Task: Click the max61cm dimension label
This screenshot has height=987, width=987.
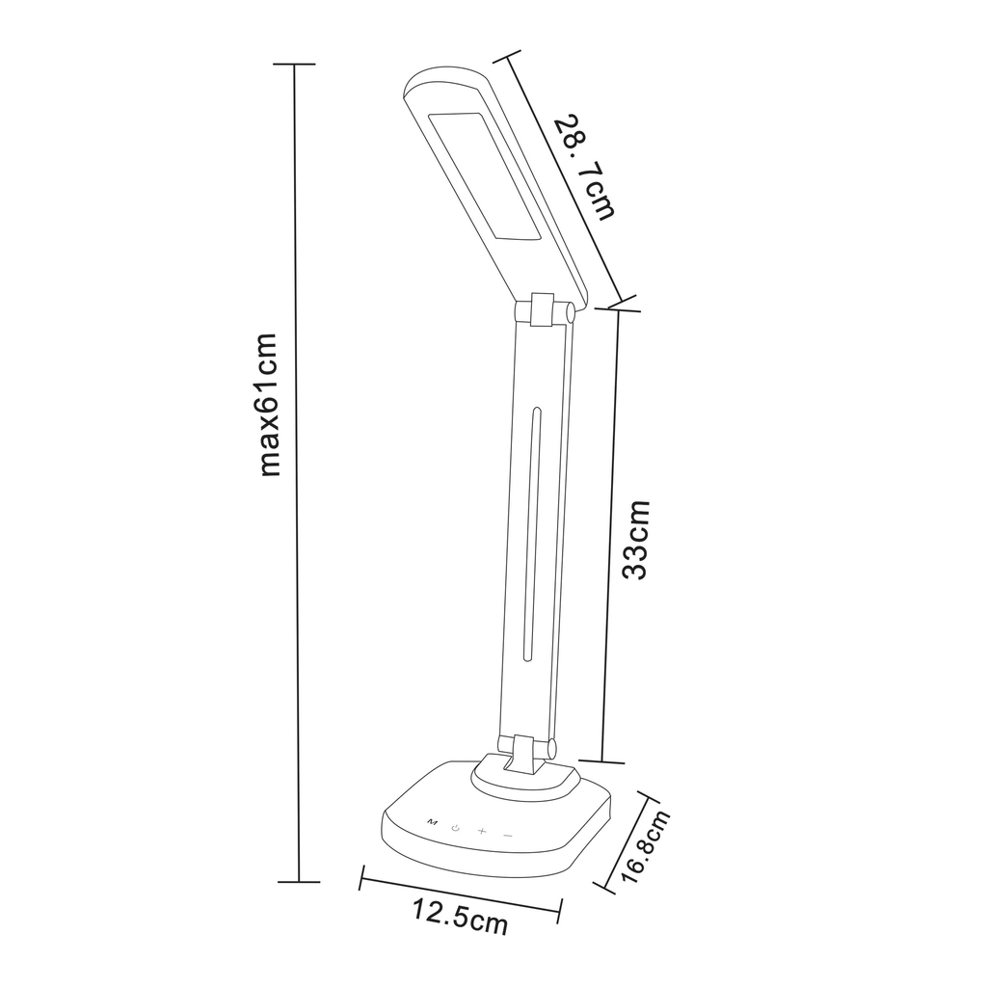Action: [269, 405]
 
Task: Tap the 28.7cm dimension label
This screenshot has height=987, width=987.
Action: [583, 167]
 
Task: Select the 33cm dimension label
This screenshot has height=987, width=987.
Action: [635, 540]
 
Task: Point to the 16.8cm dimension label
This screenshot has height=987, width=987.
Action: [646, 847]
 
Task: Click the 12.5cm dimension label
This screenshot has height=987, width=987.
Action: [460, 917]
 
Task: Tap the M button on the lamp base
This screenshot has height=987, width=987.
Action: [431, 821]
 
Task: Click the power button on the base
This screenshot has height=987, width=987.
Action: [456, 827]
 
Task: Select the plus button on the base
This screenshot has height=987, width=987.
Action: [482, 831]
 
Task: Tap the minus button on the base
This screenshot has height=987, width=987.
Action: [508, 836]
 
